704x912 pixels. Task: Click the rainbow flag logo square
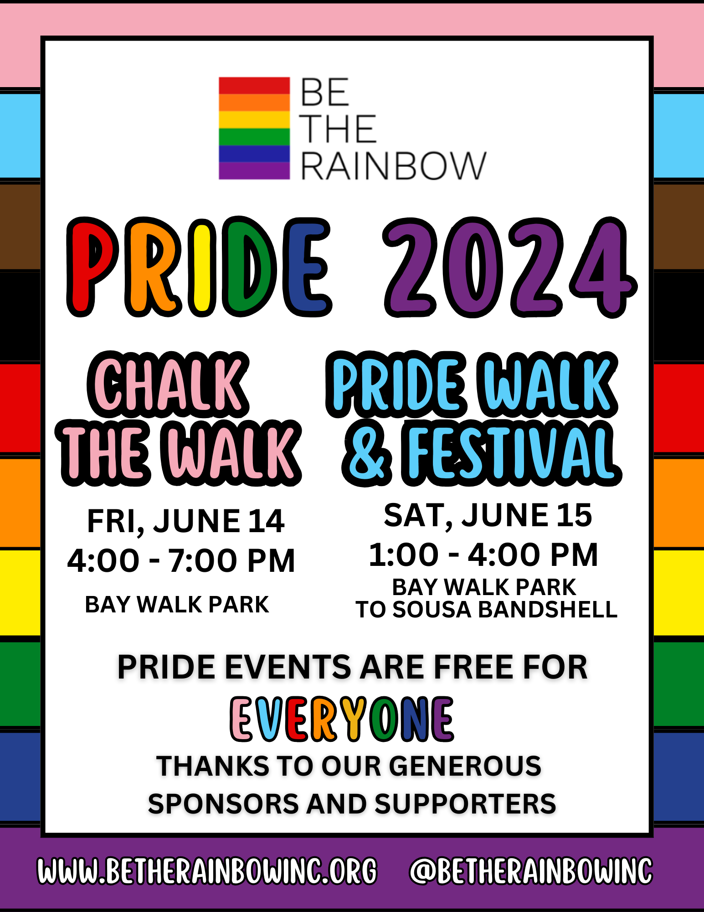[254, 128]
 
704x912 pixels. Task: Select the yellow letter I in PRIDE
[202, 268]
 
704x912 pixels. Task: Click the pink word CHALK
[168, 384]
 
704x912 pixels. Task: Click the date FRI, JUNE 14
[186, 521]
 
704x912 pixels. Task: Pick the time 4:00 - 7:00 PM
[181, 560]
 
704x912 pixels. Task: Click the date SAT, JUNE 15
[488, 515]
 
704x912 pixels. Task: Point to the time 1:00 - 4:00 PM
[483, 554]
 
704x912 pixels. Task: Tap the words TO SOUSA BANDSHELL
[486, 609]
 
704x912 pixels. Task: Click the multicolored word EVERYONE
[342, 719]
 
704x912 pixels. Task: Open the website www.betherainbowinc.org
[207, 871]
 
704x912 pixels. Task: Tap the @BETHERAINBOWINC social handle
[531, 871]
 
